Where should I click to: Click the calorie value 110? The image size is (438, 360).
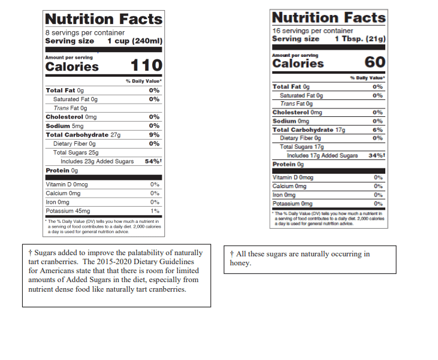146,65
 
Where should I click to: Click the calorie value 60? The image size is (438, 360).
374,62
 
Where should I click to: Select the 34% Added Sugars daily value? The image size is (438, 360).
376,156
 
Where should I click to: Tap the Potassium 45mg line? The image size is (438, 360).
68,211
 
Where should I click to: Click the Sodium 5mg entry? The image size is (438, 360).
65,126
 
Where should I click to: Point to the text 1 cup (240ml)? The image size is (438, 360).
135,41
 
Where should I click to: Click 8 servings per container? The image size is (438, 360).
85,32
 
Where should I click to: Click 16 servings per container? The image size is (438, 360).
312,30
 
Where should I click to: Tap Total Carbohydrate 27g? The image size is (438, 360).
83,135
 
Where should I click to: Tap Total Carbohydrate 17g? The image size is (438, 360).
309,129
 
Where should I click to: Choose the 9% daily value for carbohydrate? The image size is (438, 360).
154,135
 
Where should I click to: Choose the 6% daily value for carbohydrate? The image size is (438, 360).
377,129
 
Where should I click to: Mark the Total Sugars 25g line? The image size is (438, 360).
75,153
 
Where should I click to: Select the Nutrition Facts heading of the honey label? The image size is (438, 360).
328,17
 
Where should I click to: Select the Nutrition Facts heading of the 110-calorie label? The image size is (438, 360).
104,19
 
